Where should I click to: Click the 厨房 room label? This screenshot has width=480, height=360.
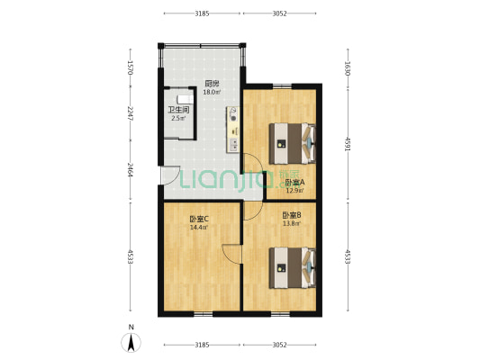click(211, 84)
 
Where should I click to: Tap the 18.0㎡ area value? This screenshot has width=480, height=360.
click(211, 93)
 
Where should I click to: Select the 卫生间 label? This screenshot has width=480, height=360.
click(177, 110)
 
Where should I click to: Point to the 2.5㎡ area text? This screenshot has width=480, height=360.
click(177, 119)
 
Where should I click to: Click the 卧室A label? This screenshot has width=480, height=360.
click(294, 182)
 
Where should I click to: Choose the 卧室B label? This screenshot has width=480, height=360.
click(291, 215)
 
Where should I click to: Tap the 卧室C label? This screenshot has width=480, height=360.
click(199, 219)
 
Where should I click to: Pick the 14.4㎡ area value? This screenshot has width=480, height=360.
click(199, 228)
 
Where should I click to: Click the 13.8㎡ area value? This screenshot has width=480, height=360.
click(291, 224)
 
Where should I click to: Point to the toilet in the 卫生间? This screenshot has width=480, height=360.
click(185, 99)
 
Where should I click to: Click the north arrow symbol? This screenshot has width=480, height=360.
click(131, 341)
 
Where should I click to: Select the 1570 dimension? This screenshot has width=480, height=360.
click(130, 67)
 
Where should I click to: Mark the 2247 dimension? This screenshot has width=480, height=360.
click(130, 113)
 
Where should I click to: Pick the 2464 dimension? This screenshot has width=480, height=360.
click(130, 172)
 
